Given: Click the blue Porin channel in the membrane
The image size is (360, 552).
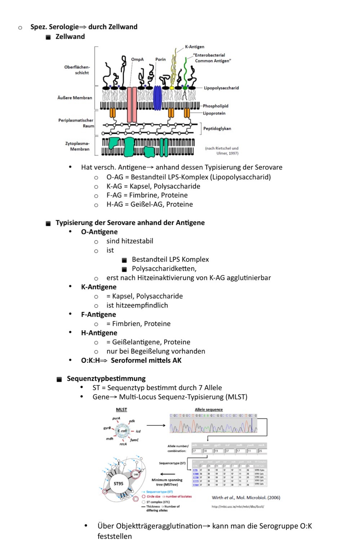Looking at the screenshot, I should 158,98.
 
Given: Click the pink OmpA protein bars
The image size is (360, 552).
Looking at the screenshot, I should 132,104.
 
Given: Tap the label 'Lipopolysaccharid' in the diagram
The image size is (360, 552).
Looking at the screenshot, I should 221,88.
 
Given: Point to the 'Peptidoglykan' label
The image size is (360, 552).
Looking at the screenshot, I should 217,128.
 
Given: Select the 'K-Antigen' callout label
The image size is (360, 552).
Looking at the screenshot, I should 195,47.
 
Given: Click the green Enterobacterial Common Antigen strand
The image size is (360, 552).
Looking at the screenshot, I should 185,72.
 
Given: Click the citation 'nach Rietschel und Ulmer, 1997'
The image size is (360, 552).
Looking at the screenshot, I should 222,151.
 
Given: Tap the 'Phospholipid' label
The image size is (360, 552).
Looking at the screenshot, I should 215,106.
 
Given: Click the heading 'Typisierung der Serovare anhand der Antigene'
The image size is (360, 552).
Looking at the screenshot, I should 130,223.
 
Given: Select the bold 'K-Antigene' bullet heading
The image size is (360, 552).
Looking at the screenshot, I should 99,287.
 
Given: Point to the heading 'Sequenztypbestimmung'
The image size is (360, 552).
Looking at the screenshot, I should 106,379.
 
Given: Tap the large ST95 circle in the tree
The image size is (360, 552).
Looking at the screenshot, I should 119,484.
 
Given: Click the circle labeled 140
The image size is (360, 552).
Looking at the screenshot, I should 136,474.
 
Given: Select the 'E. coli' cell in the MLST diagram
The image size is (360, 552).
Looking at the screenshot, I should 122,431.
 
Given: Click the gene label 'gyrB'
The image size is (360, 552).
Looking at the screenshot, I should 107,428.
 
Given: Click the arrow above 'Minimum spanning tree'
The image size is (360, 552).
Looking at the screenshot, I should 167,474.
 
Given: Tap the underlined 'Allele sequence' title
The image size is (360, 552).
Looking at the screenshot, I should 209,410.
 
